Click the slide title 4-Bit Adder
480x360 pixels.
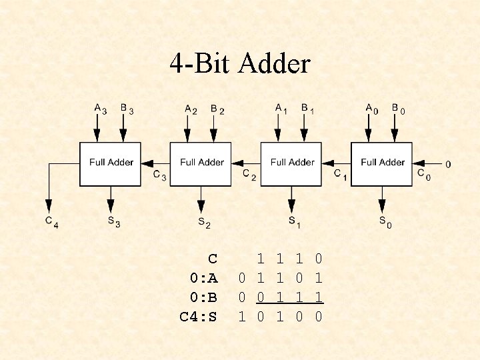click(x=240, y=64)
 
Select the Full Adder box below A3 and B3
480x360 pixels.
click(x=111, y=163)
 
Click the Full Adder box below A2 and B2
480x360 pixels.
click(x=201, y=163)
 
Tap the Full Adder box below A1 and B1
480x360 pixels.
click(x=292, y=163)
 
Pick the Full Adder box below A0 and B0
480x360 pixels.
click(x=383, y=163)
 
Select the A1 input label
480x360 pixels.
click(x=281, y=108)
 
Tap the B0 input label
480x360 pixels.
click(x=397, y=109)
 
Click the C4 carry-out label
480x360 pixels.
click(x=51, y=222)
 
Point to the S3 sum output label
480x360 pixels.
click(x=113, y=222)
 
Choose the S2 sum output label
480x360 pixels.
click(x=203, y=223)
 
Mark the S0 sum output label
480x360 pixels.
click(x=385, y=222)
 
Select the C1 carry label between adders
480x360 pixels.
click(x=340, y=175)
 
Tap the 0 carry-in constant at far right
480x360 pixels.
click(x=447, y=164)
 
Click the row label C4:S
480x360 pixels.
click(x=198, y=317)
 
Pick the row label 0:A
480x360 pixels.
click(x=203, y=277)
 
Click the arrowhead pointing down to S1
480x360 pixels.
click(x=291, y=207)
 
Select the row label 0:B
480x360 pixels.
click(x=203, y=297)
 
